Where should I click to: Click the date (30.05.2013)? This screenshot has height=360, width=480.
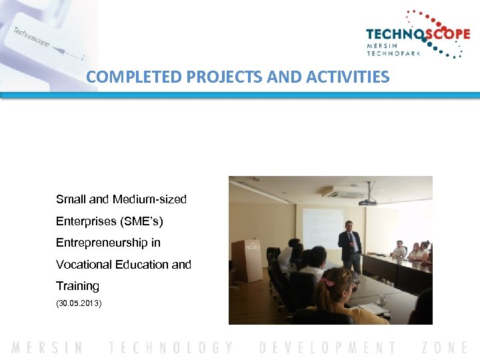click(79, 303)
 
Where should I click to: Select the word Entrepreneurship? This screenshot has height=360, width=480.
click(108, 243)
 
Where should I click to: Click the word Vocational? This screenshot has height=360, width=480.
click(84, 264)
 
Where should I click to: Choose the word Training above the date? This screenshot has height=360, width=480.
click(77, 286)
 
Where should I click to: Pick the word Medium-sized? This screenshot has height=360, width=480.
click(150, 199)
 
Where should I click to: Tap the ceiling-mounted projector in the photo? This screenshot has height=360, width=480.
click(367, 199)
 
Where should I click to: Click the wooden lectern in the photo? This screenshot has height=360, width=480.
click(247, 260)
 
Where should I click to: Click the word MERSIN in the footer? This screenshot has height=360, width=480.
click(47, 347)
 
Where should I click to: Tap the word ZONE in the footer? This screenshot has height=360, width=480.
click(445, 347)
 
